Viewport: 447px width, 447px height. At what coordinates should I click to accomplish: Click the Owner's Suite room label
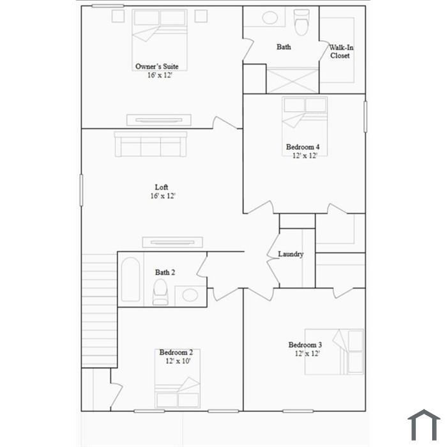tap(157, 66)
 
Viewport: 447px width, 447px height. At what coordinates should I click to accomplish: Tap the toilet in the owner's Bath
tap(301, 22)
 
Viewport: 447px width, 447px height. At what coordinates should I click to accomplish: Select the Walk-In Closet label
tap(341, 52)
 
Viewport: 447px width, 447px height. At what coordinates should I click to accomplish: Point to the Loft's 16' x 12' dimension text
tap(162, 196)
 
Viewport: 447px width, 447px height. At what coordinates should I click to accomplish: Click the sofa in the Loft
tap(151, 144)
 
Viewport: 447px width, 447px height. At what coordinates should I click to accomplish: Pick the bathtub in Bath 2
tap(130, 280)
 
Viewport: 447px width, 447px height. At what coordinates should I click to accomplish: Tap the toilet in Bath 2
tap(160, 292)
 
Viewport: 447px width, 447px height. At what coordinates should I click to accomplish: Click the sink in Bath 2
tap(190, 295)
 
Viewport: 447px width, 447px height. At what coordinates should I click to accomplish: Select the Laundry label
tap(291, 254)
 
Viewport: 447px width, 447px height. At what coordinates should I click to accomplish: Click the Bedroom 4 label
tap(303, 147)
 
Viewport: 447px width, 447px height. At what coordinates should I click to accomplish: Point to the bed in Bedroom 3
tap(334, 352)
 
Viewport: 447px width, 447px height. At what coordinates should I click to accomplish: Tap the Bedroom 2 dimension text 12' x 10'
tap(178, 361)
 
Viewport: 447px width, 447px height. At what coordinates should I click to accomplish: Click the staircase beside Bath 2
tap(99, 310)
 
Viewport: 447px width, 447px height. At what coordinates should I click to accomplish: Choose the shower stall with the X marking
tap(292, 80)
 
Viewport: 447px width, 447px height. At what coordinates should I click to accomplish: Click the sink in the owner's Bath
tap(269, 18)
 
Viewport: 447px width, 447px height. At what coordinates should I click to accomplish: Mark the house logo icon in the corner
tap(424, 425)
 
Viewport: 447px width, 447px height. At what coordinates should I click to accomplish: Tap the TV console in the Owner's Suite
tap(159, 120)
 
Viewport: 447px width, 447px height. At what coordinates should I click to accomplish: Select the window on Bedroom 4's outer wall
tap(365, 117)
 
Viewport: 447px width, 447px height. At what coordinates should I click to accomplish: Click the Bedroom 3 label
tap(305, 345)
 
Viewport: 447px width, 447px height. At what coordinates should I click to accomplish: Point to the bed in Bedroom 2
tap(178, 379)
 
